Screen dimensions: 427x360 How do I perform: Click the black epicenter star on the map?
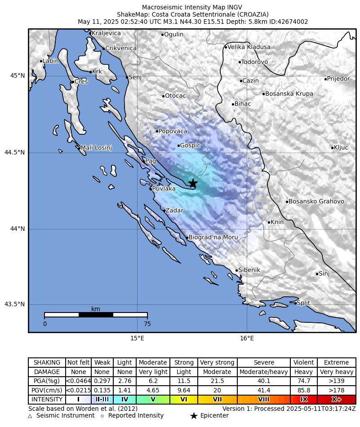click(193, 183)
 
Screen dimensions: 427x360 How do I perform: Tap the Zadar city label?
click(174, 211)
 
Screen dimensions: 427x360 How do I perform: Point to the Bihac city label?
click(243, 104)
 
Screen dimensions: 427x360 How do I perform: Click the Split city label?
click(303, 303)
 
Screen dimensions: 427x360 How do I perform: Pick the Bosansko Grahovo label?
click(316, 202)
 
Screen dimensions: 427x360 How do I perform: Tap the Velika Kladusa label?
click(249, 47)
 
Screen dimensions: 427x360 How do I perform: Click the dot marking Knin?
click(269, 222)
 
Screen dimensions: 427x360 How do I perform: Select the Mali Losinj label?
click(96, 148)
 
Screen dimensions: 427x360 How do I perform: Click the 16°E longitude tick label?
click(246, 338)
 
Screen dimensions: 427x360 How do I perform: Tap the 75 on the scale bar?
click(147, 324)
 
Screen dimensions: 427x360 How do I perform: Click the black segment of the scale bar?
click(96, 315)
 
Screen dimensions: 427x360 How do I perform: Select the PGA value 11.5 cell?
click(184, 381)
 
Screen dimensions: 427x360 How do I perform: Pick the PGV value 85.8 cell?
click(304, 390)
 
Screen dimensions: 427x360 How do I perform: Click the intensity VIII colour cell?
click(263, 400)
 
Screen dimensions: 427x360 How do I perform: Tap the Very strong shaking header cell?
click(217, 362)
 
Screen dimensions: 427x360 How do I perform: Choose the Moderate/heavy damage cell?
click(263, 372)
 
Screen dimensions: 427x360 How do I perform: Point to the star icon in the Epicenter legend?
click(194, 416)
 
